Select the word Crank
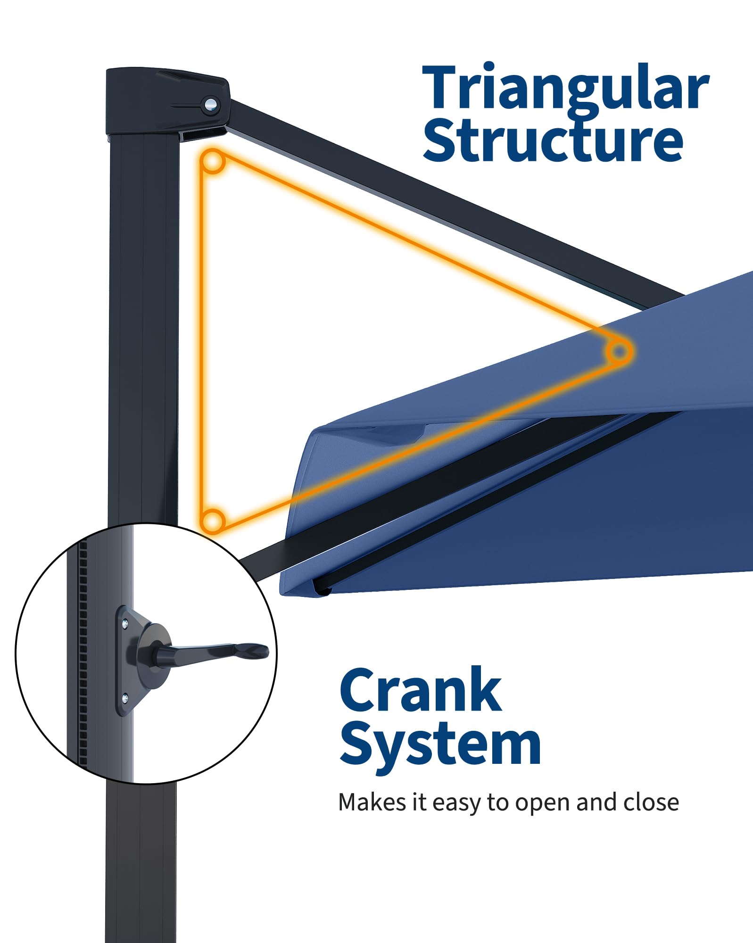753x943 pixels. click(421, 690)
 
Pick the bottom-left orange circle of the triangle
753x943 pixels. click(213, 521)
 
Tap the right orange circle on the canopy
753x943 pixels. click(619, 351)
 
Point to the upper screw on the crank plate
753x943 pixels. click(124, 625)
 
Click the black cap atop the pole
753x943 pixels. click(167, 101)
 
